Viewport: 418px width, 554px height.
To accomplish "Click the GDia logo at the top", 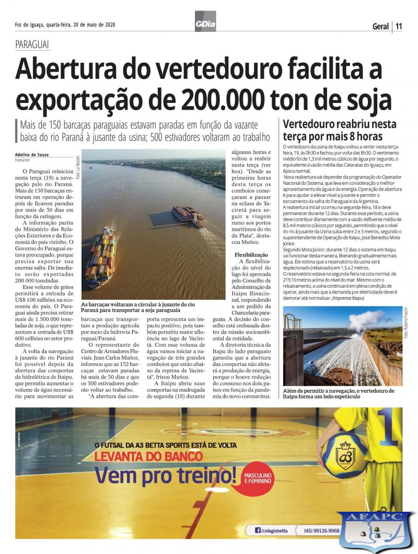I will pyautogui.click(x=205, y=24).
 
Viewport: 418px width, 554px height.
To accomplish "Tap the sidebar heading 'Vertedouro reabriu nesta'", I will pyautogui.click(x=340, y=124).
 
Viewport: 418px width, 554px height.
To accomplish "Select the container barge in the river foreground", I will pyautogui.click(x=101, y=256).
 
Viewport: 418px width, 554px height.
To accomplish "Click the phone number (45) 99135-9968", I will pyautogui.click(x=321, y=531).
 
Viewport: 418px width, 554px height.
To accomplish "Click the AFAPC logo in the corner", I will pyautogui.click(x=375, y=531).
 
